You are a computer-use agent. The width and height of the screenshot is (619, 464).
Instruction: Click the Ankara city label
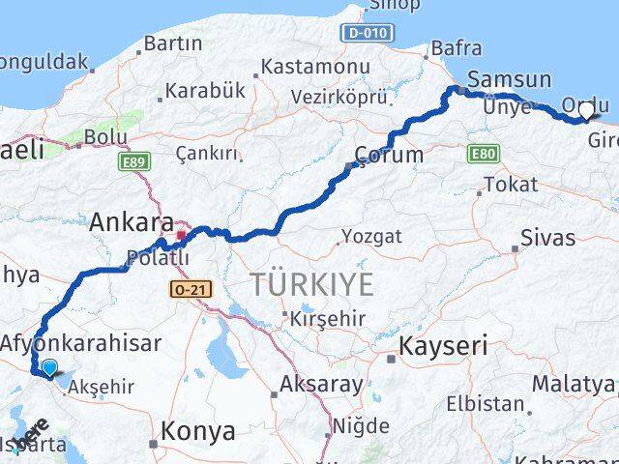[132, 222]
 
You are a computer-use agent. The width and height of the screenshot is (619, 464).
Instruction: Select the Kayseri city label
[445, 346]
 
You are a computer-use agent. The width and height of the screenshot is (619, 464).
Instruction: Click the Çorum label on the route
[388, 155]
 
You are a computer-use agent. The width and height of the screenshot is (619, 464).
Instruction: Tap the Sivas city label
[547, 237]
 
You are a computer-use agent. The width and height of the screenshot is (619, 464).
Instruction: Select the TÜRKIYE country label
[311, 284]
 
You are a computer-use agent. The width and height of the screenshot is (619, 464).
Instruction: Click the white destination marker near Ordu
[585, 112]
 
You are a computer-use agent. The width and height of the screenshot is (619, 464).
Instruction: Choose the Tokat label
[510, 184]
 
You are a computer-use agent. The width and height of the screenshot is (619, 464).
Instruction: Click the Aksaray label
[321, 384]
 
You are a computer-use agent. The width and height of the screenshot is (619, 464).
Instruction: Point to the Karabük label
[205, 91]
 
